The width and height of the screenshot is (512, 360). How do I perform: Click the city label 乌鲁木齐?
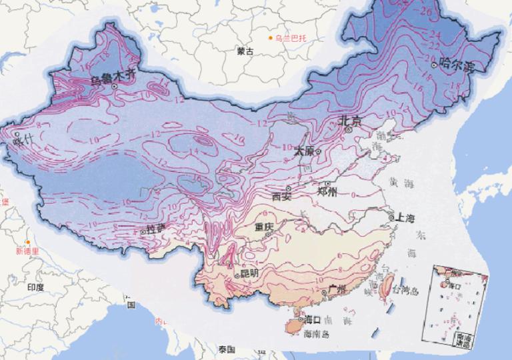click(113, 79)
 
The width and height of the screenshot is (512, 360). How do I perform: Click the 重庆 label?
click(265, 227)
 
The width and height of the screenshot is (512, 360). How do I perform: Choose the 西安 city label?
click(283, 196)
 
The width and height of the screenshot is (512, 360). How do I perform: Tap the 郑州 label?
click(329, 192)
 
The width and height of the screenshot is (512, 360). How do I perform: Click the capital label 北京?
click(349, 121)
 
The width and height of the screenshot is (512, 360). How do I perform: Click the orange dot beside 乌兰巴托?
click(271, 38)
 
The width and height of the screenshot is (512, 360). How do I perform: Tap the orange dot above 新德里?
click(27, 241)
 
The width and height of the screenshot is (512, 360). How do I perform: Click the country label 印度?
click(35, 287)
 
